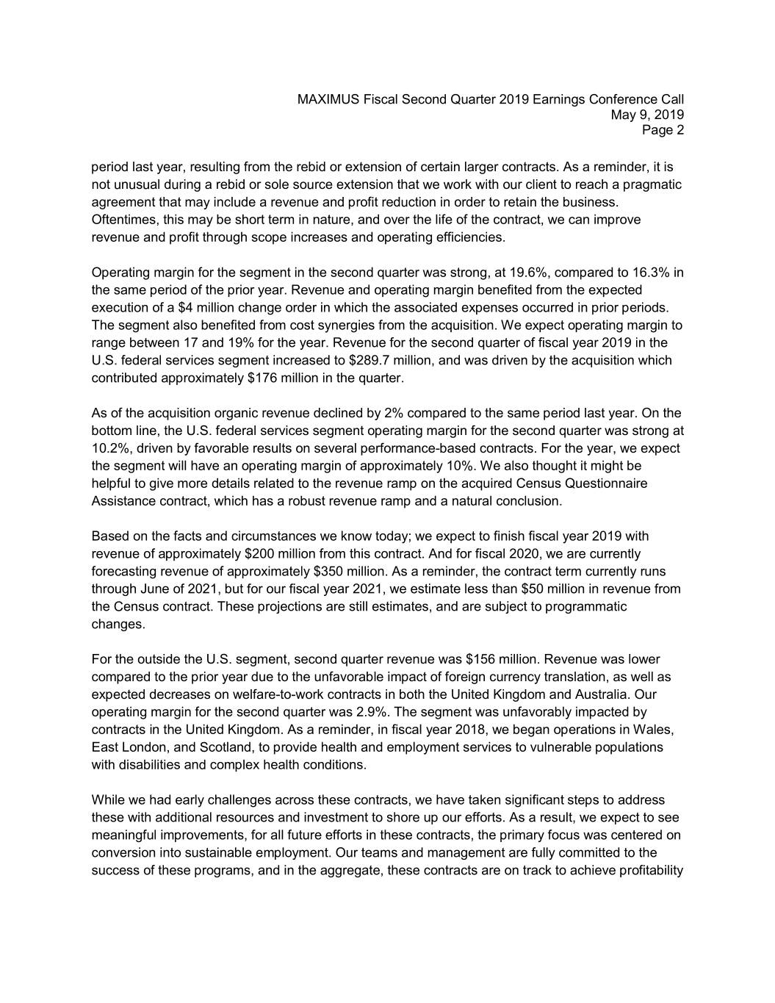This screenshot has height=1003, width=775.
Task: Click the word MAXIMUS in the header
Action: pyautogui.click(x=328, y=99)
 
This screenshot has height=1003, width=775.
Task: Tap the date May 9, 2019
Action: pyautogui.click(x=647, y=115)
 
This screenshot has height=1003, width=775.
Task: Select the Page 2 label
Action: pyautogui.click(x=663, y=131)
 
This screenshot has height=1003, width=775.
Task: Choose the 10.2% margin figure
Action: pyautogui.click(x=107, y=449)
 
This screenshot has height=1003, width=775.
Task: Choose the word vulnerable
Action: pyautogui.click(x=556, y=748)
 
